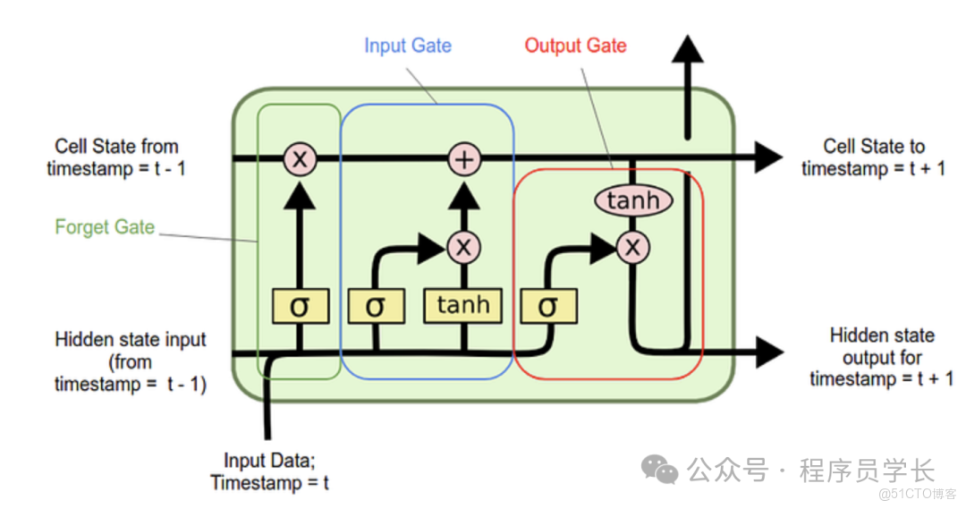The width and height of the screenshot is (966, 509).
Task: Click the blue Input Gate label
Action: (x=408, y=46)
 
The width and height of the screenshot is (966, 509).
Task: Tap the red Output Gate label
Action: (x=575, y=46)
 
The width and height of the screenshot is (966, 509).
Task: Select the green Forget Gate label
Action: (x=105, y=227)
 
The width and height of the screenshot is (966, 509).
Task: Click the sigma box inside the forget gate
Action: (x=300, y=307)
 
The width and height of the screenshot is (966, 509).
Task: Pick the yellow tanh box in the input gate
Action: (x=463, y=306)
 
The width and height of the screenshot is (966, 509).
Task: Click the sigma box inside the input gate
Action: (x=375, y=307)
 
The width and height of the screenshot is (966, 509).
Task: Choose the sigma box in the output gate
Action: (x=547, y=307)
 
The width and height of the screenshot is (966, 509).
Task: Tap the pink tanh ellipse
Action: (x=632, y=200)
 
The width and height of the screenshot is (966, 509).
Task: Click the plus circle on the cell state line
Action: (x=464, y=160)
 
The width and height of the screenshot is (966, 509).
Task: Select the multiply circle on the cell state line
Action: (x=300, y=160)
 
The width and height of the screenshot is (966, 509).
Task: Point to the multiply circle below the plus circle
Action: (x=463, y=246)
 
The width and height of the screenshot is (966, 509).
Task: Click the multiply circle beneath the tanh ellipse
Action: (x=632, y=246)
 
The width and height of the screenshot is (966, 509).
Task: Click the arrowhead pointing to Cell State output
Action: (x=767, y=158)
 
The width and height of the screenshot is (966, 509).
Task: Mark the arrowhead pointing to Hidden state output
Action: (x=767, y=351)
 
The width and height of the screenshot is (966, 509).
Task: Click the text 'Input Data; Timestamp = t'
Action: (x=269, y=472)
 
